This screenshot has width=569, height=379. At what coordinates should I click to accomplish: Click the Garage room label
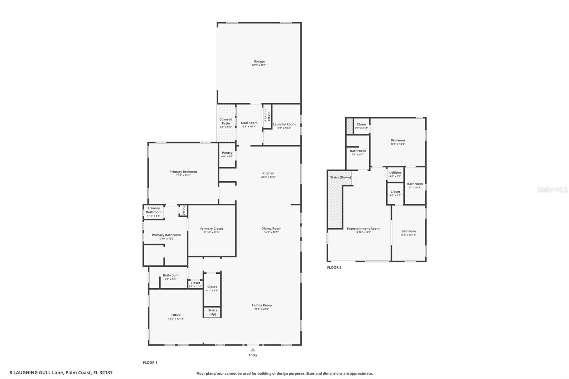259,62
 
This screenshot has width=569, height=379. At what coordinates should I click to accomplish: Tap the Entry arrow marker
253,350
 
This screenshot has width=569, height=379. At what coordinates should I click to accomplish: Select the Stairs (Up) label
212,312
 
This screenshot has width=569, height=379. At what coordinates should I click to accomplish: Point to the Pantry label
227,153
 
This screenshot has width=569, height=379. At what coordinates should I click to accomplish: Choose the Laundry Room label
284,124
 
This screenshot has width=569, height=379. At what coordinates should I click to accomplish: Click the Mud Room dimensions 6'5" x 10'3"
249,127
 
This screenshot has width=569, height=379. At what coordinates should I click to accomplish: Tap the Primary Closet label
212,229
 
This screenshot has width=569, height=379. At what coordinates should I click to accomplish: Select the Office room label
176,315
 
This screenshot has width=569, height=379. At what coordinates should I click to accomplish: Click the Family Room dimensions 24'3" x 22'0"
262,309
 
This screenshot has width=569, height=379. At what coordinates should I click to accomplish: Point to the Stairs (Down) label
340,177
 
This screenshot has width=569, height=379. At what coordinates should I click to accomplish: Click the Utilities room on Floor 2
395,174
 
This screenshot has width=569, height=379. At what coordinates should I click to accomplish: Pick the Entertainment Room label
363,229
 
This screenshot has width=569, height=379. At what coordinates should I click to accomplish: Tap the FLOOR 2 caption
334,267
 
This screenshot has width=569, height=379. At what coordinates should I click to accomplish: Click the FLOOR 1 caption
150,363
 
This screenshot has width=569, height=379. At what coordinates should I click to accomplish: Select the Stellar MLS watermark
552,189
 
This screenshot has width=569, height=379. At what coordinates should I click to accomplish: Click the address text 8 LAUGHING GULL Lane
36,373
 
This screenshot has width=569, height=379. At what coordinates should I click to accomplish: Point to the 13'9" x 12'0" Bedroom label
398,140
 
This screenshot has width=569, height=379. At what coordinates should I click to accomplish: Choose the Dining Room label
271,229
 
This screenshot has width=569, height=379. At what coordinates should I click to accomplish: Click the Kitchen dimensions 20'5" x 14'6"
268,177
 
